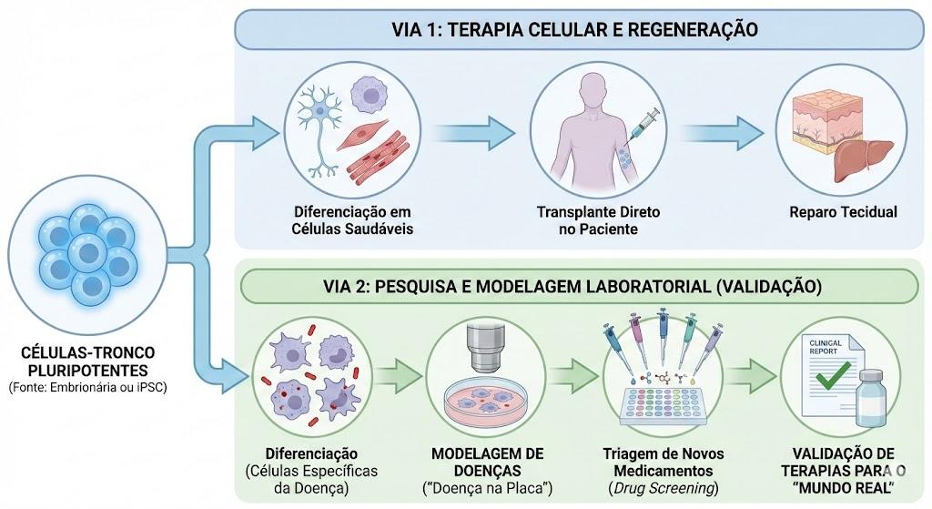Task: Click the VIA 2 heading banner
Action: point(579,287)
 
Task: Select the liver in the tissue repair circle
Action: point(863,158)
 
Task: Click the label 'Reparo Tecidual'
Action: point(843,212)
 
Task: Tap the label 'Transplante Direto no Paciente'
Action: point(598,220)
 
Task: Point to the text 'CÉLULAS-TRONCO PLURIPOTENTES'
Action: point(87,361)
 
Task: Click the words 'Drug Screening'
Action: point(664,488)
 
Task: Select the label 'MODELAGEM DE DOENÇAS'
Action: point(488,462)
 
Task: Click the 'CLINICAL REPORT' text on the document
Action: point(825,347)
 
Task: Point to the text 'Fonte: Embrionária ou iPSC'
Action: point(88,388)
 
